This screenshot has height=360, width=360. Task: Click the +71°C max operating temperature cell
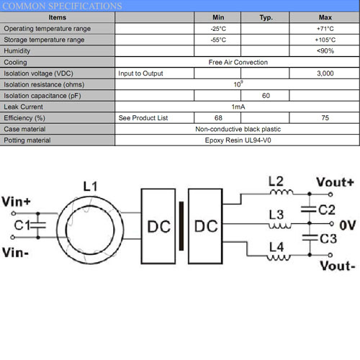325,29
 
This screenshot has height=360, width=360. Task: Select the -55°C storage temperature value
218,40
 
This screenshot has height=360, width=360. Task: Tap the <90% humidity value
325,51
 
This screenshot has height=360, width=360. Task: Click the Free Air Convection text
238,62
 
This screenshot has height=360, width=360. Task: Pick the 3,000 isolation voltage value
325,73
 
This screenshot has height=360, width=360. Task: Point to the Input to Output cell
140,73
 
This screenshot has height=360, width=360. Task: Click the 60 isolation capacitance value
266,96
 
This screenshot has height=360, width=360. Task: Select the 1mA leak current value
238,107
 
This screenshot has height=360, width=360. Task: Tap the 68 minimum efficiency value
218,118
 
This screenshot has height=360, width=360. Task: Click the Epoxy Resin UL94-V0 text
238,140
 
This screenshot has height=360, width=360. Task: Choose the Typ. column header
266,17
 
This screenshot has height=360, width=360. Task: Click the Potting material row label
27,140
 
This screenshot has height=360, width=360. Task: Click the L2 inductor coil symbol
282,192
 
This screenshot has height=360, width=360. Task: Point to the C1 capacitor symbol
38,225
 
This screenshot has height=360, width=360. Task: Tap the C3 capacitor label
328,238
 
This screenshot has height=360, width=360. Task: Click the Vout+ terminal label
336,182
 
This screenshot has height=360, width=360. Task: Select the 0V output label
347,225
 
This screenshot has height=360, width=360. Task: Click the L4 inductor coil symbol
279,258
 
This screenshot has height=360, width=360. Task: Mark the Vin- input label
15,253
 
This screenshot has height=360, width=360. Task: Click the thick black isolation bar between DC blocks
181,226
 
